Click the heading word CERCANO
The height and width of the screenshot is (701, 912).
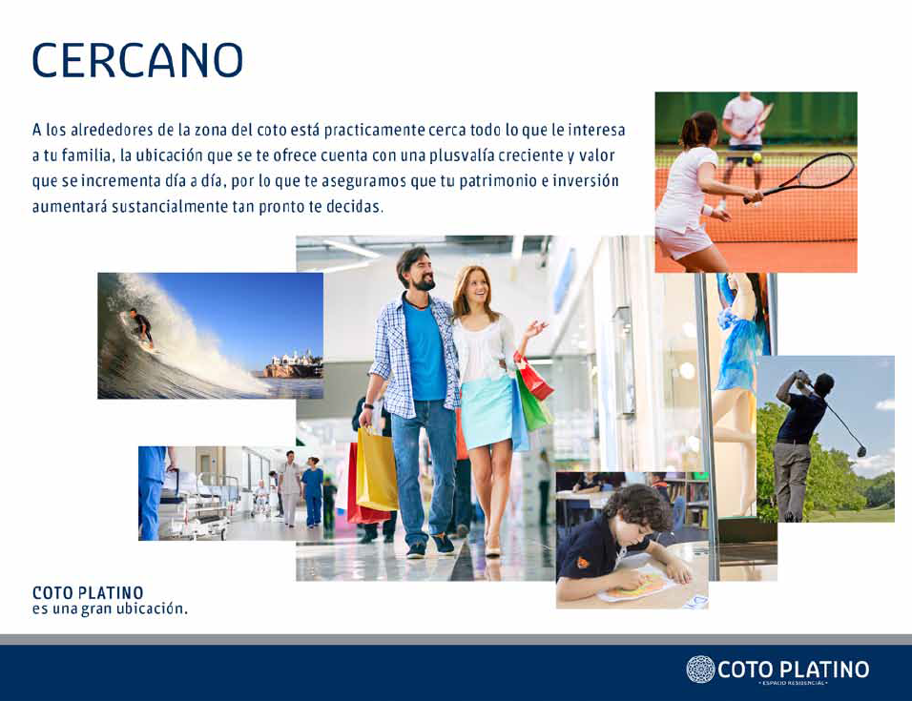pyautogui.click(x=137, y=60)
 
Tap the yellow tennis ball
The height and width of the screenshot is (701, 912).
pyautogui.click(x=757, y=157)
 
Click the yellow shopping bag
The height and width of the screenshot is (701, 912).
pyautogui.click(x=377, y=469)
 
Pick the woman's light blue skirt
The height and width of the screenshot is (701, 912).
pyautogui.click(x=487, y=411)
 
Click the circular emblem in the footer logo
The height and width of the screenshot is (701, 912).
pyautogui.click(x=700, y=669)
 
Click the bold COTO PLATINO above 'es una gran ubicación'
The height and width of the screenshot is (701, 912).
pyautogui.click(x=88, y=593)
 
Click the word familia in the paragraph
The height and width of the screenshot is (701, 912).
pyautogui.click(x=86, y=155)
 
